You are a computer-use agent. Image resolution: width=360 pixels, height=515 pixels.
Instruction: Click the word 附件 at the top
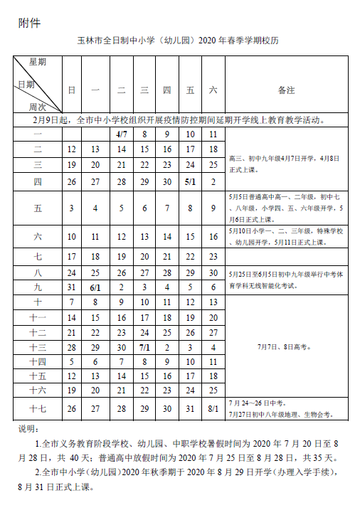tap(29, 22)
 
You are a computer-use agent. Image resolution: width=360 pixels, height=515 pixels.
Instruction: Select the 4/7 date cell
tap(121, 134)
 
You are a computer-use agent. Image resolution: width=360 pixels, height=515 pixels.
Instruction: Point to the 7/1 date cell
tap(144, 348)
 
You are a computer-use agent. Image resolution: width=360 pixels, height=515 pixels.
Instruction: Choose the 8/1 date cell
tap(213, 408)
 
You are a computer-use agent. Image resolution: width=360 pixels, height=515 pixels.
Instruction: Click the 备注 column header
tap(286, 90)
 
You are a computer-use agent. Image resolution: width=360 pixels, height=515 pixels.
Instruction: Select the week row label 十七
tap(38, 408)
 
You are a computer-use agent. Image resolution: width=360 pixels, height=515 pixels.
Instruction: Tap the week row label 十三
tap(38, 348)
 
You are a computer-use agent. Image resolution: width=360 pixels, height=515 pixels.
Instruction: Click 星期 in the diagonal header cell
tap(37, 63)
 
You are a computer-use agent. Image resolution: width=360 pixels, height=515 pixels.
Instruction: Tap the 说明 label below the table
tap(26, 429)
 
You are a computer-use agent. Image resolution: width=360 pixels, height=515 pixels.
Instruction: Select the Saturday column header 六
tap(213, 90)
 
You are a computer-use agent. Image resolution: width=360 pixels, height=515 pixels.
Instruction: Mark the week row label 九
tap(38, 287)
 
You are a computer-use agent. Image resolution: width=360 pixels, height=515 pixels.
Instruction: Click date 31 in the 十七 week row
tap(190, 408)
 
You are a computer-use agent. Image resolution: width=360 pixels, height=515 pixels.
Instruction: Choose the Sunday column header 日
tap(71, 90)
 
